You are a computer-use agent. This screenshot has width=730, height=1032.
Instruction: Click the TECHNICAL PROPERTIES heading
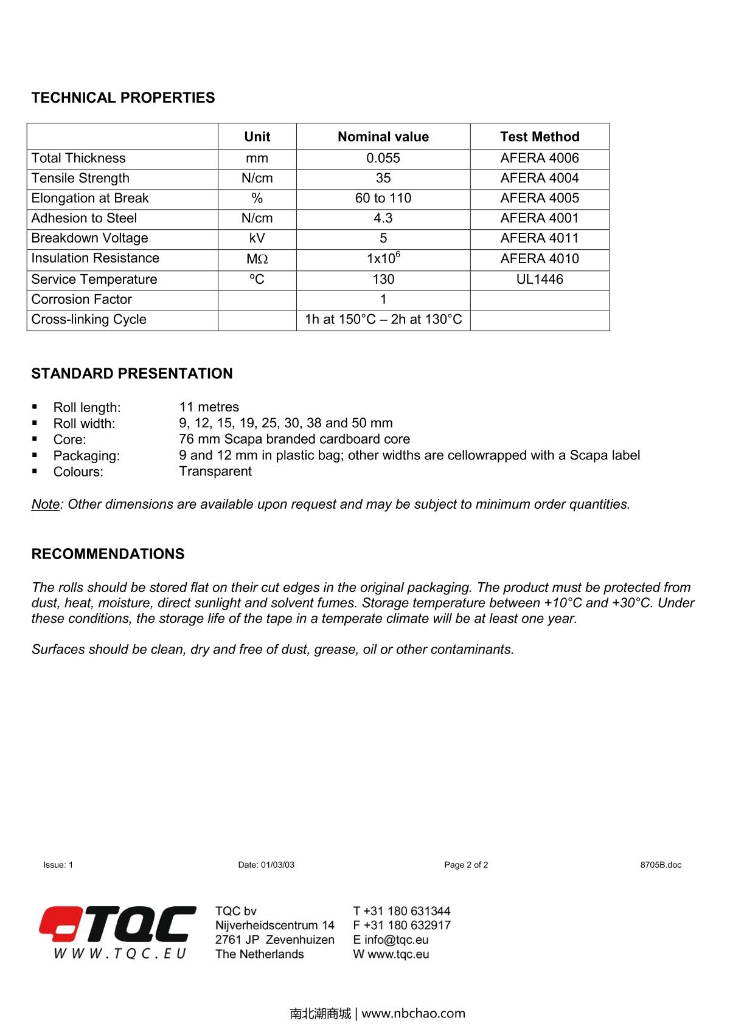(123, 98)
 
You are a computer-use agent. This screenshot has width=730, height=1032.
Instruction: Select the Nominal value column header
(383, 137)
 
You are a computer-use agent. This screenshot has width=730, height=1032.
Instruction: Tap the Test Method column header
(540, 137)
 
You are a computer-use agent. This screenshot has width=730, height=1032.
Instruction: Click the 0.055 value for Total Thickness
(383, 158)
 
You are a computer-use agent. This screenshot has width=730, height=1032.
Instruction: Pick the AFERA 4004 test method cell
(540, 178)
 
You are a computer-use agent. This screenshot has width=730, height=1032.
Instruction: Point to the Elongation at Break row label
(90, 198)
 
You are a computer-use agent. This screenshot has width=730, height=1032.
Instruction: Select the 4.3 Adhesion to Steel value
(383, 218)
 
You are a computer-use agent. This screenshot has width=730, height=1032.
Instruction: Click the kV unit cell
(257, 238)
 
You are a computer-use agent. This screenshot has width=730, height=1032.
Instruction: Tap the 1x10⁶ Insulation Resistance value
(383, 258)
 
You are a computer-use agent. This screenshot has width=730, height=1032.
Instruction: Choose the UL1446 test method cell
(540, 279)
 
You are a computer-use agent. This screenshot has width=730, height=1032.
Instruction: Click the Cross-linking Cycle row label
(89, 319)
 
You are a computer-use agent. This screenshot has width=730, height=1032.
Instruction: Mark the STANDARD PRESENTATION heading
(132, 374)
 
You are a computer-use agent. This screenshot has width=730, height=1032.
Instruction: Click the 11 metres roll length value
(209, 407)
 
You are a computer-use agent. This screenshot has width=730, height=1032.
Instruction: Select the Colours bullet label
(78, 472)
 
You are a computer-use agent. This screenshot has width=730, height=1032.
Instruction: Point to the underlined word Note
(46, 504)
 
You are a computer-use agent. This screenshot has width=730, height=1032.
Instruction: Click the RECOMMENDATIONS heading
(108, 554)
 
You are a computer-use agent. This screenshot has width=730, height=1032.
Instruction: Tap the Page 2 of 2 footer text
(466, 865)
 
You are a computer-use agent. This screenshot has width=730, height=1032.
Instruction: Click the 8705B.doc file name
(661, 865)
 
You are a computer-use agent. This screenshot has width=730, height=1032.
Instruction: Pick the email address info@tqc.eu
(397, 940)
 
